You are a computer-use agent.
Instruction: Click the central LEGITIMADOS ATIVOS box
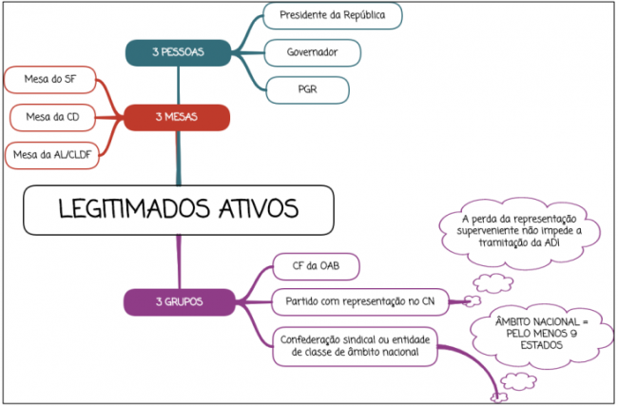pos(179,210)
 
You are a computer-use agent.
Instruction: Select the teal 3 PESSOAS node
pos(178,52)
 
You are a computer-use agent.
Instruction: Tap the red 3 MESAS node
pos(177,118)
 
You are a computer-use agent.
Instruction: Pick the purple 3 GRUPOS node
pos(180,302)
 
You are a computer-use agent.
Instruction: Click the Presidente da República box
pos(332,16)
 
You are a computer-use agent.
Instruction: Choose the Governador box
pos(312,52)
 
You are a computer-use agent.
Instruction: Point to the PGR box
pos(307,90)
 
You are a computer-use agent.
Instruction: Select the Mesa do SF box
pos(50,80)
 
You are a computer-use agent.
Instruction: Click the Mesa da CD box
pos(52,118)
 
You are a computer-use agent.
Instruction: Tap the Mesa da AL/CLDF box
pos(52,155)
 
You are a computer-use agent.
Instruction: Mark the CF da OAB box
pos(316,266)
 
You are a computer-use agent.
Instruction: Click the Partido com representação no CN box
pos(360,302)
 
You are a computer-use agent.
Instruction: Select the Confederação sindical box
pos(355,346)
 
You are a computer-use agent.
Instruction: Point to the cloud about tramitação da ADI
pos(519,233)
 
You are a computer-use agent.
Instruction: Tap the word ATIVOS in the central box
pos(259,209)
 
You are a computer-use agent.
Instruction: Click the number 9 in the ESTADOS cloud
pos(573,334)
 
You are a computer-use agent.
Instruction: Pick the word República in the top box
pos(364,15)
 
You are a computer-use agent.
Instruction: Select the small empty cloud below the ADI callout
pos(493,283)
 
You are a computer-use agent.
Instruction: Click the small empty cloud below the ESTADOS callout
pos(518,381)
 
